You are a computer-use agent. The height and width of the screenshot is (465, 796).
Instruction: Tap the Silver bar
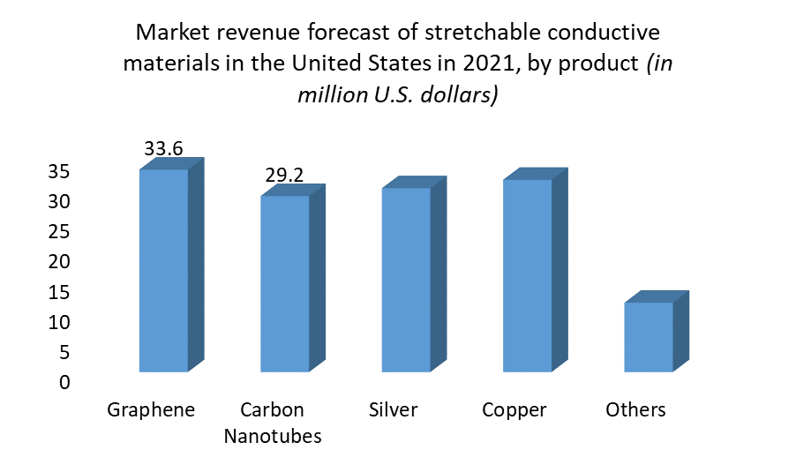(x=406, y=279)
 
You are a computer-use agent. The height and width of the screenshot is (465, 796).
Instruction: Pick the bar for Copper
(x=527, y=274)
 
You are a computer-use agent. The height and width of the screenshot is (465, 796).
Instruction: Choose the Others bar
(x=649, y=336)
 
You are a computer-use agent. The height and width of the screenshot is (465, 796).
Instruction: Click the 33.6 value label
(x=163, y=149)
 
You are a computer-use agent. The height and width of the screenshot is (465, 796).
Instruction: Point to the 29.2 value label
(x=284, y=176)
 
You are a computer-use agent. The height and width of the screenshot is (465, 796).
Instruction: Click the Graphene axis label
(x=151, y=410)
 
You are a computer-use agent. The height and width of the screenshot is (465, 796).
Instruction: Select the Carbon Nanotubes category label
(x=273, y=423)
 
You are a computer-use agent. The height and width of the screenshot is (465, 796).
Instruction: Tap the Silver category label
(x=394, y=410)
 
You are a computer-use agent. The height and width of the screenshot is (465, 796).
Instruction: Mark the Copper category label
(x=514, y=410)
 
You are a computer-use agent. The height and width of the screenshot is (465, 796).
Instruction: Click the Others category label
(x=635, y=410)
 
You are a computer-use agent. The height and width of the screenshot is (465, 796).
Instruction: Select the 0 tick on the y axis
(x=64, y=383)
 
